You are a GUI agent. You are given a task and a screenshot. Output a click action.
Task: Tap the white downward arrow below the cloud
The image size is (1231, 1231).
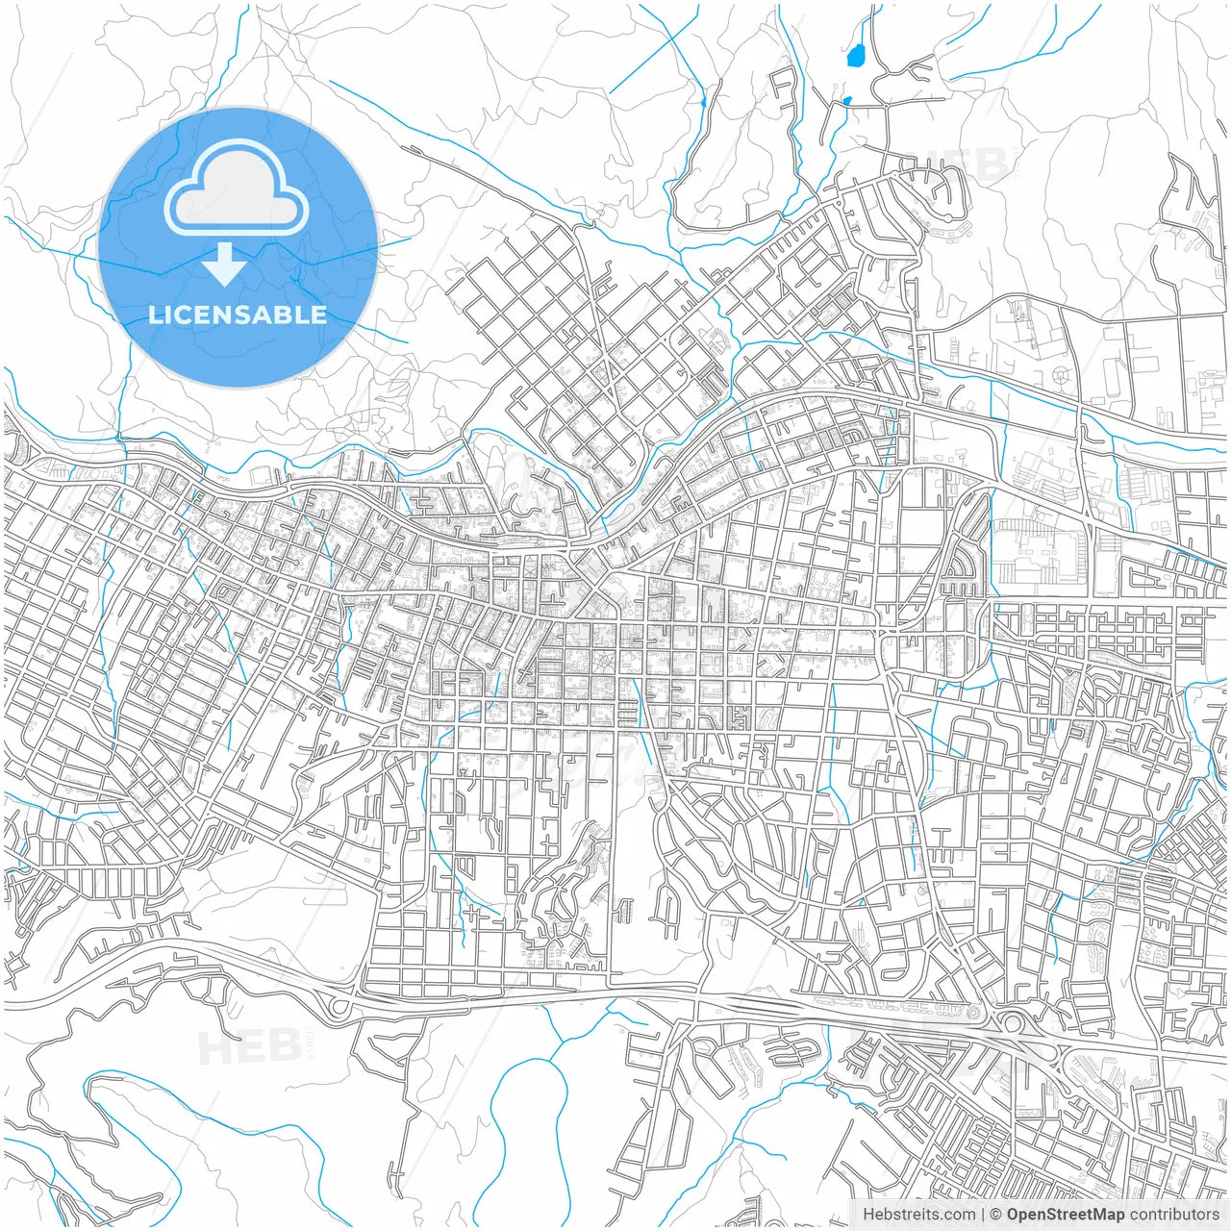[225, 265]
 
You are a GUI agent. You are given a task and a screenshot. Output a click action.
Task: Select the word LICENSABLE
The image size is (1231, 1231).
[238, 314]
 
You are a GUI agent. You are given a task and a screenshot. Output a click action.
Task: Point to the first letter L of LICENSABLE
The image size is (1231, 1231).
[154, 314]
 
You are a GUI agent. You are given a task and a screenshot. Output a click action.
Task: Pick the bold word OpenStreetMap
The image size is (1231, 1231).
[1066, 1215]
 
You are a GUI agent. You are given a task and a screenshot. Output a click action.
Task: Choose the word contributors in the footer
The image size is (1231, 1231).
[1174, 1215]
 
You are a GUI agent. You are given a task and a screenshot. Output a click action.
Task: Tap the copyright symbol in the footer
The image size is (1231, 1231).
[997, 1215]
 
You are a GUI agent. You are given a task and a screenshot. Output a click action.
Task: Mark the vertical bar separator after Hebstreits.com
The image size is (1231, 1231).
[983, 1215]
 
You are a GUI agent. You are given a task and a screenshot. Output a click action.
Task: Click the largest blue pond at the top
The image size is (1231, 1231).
[854, 56]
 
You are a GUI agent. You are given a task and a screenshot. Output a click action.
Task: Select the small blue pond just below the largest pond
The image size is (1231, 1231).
[846, 100]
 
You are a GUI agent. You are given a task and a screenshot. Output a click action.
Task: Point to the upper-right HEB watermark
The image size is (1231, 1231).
[966, 163]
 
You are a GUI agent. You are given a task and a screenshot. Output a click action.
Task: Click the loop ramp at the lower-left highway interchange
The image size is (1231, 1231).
[339, 1008]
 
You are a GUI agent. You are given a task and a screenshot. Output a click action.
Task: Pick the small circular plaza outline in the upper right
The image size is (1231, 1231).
[1061, 374]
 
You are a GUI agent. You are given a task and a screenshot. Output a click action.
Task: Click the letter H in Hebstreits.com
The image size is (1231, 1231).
[868, 1215]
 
